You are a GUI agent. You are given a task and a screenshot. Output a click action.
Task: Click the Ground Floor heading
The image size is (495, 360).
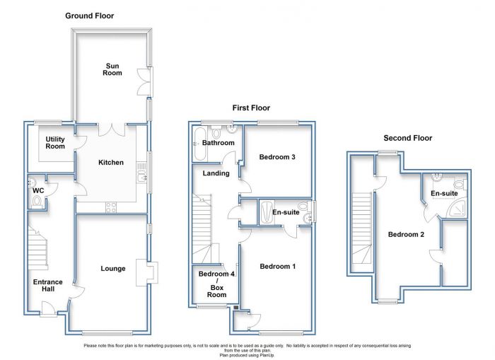[89, 16]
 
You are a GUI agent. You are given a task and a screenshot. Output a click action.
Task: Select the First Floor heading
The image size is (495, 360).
[251, 108]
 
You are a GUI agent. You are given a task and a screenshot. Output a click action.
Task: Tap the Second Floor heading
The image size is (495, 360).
[408, 138]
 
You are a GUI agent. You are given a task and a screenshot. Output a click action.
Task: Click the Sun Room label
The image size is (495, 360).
[112, 69]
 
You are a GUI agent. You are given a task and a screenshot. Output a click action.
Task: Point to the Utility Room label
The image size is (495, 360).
[55, 143]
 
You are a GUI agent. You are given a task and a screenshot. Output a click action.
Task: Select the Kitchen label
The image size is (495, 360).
[111, 163]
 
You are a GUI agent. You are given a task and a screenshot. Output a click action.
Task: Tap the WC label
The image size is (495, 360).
[38, 191]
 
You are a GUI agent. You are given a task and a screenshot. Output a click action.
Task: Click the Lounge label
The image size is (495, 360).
[113, 269]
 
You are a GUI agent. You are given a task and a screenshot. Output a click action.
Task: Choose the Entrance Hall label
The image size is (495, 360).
[47, 286]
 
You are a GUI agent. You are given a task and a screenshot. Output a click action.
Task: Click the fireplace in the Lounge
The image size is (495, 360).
[147, 272]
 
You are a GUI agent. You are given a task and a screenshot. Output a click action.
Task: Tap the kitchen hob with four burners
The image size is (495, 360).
[111, 207]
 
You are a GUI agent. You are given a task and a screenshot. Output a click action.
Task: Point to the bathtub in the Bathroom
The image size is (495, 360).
[199, 144]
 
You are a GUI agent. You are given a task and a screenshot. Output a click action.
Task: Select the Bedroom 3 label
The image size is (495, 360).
[277, 157]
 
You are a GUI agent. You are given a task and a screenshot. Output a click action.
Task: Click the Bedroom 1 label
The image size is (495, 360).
[278, 267]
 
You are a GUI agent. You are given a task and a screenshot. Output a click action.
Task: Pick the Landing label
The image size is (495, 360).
[216, 173]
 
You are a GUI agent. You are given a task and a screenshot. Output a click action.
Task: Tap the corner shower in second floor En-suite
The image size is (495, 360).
[457, 207]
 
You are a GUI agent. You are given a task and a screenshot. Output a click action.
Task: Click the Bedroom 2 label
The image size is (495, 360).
[406, 235]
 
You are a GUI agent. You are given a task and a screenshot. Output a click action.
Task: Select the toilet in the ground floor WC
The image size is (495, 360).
[37, 202]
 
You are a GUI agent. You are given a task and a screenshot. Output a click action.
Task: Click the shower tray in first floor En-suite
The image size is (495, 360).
[265, 212]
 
